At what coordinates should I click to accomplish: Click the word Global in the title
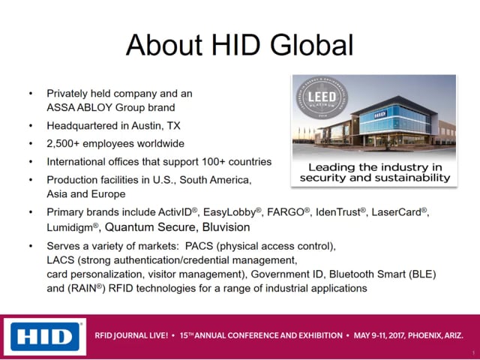[x=312, y=45]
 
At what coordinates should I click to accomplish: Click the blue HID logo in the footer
[x=45, y=337]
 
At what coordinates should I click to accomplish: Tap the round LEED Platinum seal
[x=322, y=98]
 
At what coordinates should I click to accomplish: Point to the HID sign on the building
[x=380, y=115]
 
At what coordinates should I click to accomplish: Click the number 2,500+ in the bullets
[x=63, y=144]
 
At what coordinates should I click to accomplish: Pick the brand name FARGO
[x=286, y=212]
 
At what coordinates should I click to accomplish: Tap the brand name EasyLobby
[x=229, y=212]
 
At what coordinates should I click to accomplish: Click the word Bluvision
[x=226, y=227]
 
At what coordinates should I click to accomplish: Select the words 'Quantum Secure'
[x=150, y=227]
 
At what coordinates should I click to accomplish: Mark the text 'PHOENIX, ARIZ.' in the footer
[x=436, y=335]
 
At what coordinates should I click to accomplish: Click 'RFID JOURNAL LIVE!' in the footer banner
[x=131, y=335]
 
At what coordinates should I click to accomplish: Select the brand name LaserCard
[x=397, y=212]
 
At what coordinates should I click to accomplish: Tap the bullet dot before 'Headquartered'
[x=31, y=126]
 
